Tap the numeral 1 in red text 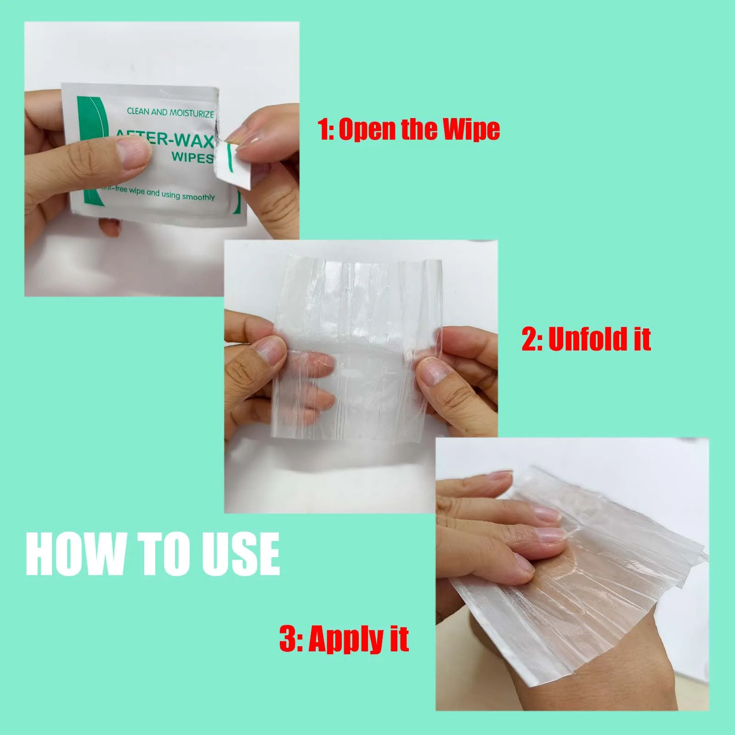pyautogui.click(x=323, y=130)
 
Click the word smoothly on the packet pyautogui.click(x=198, y=197)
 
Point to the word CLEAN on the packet pyautogui.click(x=138, y=111)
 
